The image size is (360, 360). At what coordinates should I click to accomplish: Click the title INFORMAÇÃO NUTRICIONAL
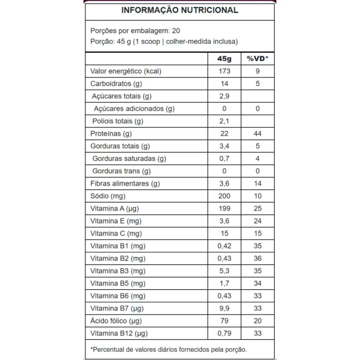[x=180, y=10]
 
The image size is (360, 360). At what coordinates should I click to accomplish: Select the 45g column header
[x=224, y=59]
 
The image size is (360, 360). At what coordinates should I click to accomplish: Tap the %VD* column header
[x=257, y=59]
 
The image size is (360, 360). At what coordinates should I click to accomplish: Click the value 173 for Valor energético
[x=224, y=71]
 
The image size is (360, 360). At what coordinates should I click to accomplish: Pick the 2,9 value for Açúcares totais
[x=224, y=96]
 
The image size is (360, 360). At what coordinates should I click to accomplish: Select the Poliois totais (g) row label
[x=118, y=121]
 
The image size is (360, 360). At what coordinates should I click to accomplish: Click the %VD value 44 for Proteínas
[x=257, y=134]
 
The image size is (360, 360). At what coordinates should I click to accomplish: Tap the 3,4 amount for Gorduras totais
[x=224, y=146]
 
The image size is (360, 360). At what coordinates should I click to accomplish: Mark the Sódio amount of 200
[x=224, y=196]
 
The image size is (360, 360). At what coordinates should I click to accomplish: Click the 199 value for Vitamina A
[x=224, y=208]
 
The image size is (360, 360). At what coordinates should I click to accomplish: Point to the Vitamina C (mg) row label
[x=116, y=233]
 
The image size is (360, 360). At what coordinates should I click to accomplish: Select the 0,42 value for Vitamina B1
[x=224, y=246]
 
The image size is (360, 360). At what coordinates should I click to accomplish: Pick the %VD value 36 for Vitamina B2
[x=257, y=258]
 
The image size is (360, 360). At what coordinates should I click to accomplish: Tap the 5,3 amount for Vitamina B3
[x=224, y=271]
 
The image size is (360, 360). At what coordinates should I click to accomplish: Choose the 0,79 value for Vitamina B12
[x=224, y=333]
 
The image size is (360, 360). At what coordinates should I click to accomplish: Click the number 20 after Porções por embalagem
[x=176, y=30]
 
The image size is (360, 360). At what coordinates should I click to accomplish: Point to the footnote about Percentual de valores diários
[x=168, y=349]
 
